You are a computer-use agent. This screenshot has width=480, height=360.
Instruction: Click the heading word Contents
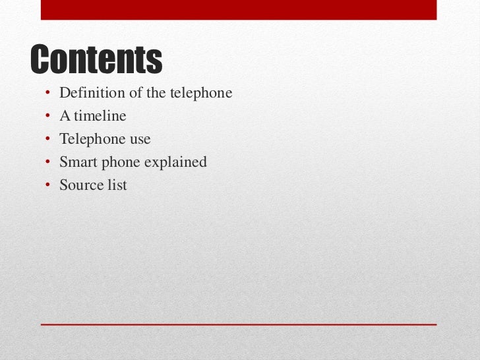click(96, 60)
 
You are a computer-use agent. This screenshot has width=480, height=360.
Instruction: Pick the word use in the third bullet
click(139, 140)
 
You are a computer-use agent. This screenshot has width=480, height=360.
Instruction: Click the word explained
click(177, 162)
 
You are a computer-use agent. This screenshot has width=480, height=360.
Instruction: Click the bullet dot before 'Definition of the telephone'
click(47, 94)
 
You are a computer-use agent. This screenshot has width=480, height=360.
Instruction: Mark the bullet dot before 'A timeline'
click(47, 117)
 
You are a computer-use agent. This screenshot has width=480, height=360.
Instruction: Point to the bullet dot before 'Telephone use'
click(47, 140)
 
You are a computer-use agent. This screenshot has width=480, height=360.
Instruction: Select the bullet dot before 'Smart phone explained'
click(47, 163)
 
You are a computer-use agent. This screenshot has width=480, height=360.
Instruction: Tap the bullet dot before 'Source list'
click(47, 186)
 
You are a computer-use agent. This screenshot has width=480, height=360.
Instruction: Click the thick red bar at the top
click(239, 9)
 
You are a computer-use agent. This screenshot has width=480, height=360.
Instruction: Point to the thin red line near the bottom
click(239, 324)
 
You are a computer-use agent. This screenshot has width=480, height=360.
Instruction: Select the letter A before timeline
click(65, 116)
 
